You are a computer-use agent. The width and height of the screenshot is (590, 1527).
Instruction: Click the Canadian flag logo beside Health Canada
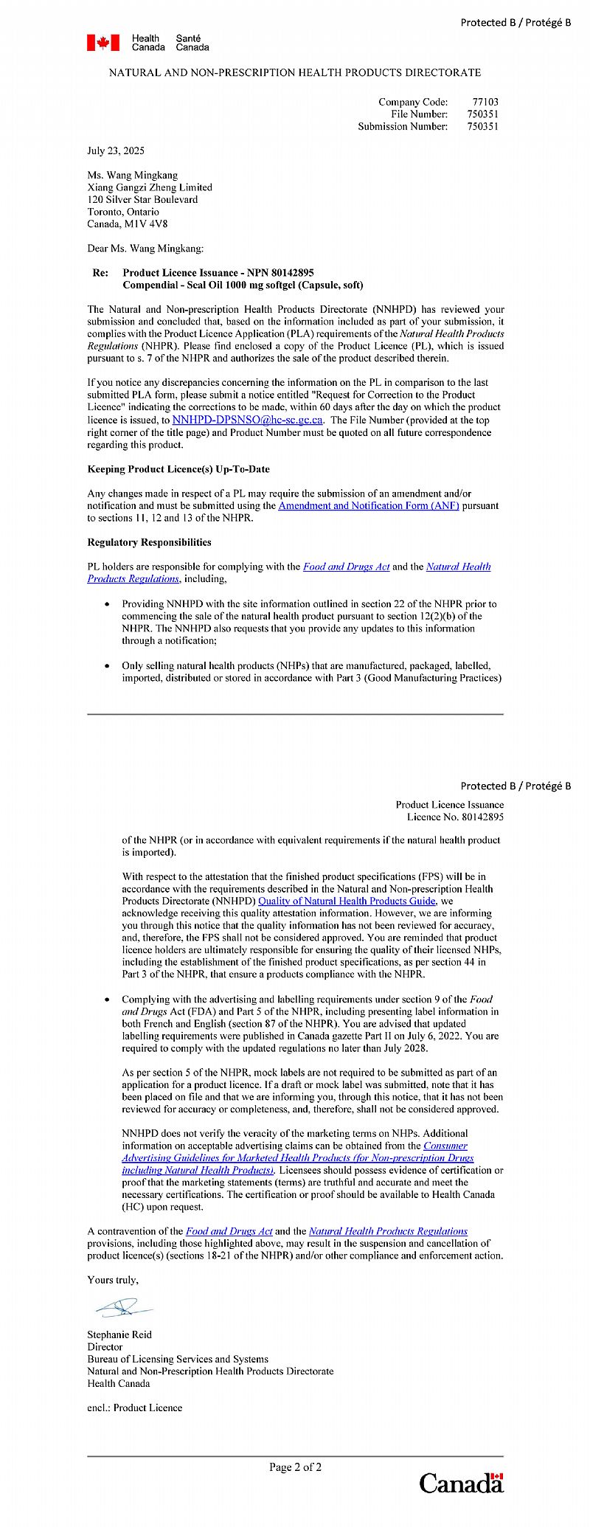pos(103,43)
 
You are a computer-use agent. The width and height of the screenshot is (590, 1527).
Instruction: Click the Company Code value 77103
pos(485,102)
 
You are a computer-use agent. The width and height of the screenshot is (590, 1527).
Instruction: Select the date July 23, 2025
pos(116,150)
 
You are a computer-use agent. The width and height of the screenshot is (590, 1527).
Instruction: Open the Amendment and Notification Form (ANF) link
pos(369,505)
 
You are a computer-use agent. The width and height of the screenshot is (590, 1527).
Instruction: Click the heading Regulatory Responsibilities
pos(149,542)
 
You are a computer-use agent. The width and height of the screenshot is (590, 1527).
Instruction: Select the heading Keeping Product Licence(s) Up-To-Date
pos(178,469)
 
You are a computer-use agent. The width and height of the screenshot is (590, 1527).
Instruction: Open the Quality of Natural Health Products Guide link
pos(347,901)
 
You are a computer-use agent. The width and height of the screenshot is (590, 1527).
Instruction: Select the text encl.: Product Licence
pos(134,1407)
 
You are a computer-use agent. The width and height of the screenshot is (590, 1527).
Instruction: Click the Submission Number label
pos(403,126)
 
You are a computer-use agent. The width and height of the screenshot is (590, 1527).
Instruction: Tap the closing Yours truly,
pos(113,1280)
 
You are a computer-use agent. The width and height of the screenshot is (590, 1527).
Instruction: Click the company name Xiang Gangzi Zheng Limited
pos(150,187)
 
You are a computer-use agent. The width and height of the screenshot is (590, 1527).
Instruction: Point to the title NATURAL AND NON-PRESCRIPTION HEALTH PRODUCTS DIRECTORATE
pos(295,72)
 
